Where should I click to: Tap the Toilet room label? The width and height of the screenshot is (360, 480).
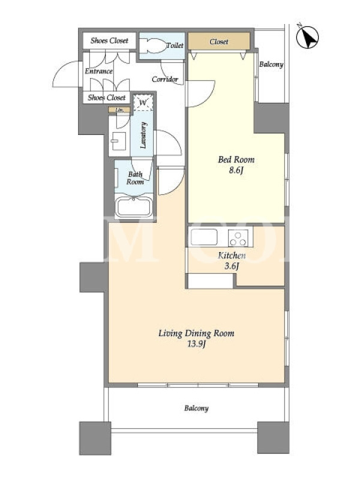(x=175, y=46)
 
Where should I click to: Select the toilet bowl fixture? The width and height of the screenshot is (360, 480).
(x=152, y=46)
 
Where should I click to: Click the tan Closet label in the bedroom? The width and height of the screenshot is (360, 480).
(x=219, y=41)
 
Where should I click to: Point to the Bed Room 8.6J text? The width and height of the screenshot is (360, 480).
(x=236, y=164)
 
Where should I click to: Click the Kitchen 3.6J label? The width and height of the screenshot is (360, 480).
(x=232, y=260)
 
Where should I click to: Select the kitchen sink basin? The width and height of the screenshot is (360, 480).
(x=204, y=237)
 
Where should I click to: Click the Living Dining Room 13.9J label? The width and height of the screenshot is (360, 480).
(x=196, y=338)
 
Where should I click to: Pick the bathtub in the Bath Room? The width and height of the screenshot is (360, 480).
(x=134, y=207)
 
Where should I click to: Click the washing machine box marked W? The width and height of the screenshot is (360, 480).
(x=143, y=103)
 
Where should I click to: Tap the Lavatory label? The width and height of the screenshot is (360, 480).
(x=143, y=136)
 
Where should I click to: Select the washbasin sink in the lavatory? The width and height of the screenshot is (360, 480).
(x=118, y=141)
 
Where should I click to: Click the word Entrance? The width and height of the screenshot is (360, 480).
(x=98, y=71)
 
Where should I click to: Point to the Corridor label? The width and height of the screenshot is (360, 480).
(x=165, y=79)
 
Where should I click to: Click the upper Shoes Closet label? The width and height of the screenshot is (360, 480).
(x=109, y=40)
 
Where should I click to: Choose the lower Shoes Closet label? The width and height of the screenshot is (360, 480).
(x=107, y=98)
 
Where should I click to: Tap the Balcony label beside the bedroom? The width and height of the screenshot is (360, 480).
(x=271, y=65)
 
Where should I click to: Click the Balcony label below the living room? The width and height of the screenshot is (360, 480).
(x=196, y=409)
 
